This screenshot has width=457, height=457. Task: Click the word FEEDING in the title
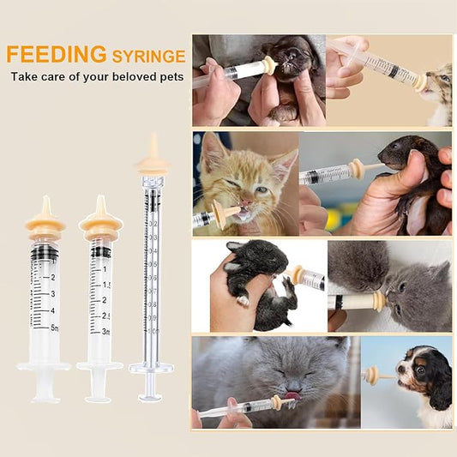[x=57, y=55]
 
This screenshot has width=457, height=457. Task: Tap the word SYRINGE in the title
[x=148, y=57]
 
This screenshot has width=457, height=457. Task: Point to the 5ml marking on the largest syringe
[x=53, y=328]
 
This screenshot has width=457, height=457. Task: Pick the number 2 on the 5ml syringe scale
[x=53, y=278]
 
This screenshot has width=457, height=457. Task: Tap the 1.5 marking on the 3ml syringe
[x=106, y=285]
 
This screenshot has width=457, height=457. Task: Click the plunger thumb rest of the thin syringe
[x=151, y=396]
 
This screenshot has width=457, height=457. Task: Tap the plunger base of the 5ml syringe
[x=44, y=397]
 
